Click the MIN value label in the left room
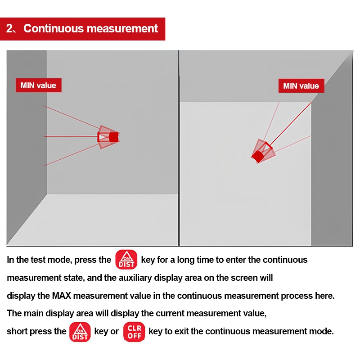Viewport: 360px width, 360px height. tap(38, 85)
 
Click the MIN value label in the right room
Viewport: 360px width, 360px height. tap(301, 86)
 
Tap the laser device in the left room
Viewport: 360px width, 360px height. tap(108, 136)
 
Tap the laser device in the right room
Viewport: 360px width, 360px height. tap(262, 152)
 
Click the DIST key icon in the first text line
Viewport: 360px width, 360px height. tap(126, 260)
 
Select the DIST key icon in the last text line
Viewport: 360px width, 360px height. tap(80, 332)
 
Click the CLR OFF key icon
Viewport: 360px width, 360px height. tap(134, 332)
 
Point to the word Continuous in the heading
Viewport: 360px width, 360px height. tap(53, 28)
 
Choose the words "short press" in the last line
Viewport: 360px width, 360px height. tap(36, 332)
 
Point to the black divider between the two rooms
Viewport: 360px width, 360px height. tap(179, 148)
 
